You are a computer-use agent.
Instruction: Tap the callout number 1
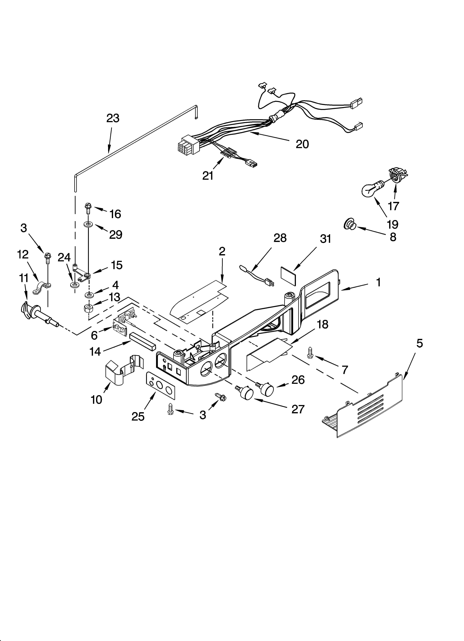tap(378, 282)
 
